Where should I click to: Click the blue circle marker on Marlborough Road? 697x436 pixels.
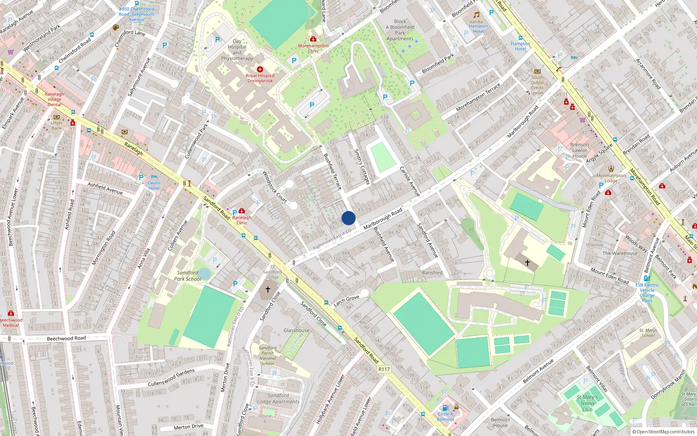click(348, 218)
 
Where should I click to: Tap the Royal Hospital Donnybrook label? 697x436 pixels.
click(260, 78)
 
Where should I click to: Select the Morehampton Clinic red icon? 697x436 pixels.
click(313, 39)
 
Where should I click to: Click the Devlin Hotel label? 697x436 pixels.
click(154, 186)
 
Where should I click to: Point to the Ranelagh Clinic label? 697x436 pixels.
click(242, 220)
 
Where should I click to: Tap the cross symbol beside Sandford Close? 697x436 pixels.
click(268, 289)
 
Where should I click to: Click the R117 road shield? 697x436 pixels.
click(384, 369)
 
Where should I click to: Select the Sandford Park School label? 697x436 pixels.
click(188, 276)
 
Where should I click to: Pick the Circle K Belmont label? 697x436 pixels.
click(445, 417)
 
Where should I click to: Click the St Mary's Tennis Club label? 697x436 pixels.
click(587, 403)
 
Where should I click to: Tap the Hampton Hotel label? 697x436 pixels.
click(520, 46)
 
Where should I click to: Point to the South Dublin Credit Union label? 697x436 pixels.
click(537, 85)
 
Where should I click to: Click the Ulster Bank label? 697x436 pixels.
click(57, 126)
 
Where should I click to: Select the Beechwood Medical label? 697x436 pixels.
click(11, 323)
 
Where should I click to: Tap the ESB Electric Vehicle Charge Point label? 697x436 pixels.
click(647, 293)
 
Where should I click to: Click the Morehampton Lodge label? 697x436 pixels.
click(611, 178)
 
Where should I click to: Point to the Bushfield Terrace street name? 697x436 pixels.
click(332, 171)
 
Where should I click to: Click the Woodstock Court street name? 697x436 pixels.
click(274, 187)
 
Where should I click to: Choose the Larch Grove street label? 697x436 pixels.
click(346, 300)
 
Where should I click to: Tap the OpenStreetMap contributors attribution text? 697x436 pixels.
click(663, 432)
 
